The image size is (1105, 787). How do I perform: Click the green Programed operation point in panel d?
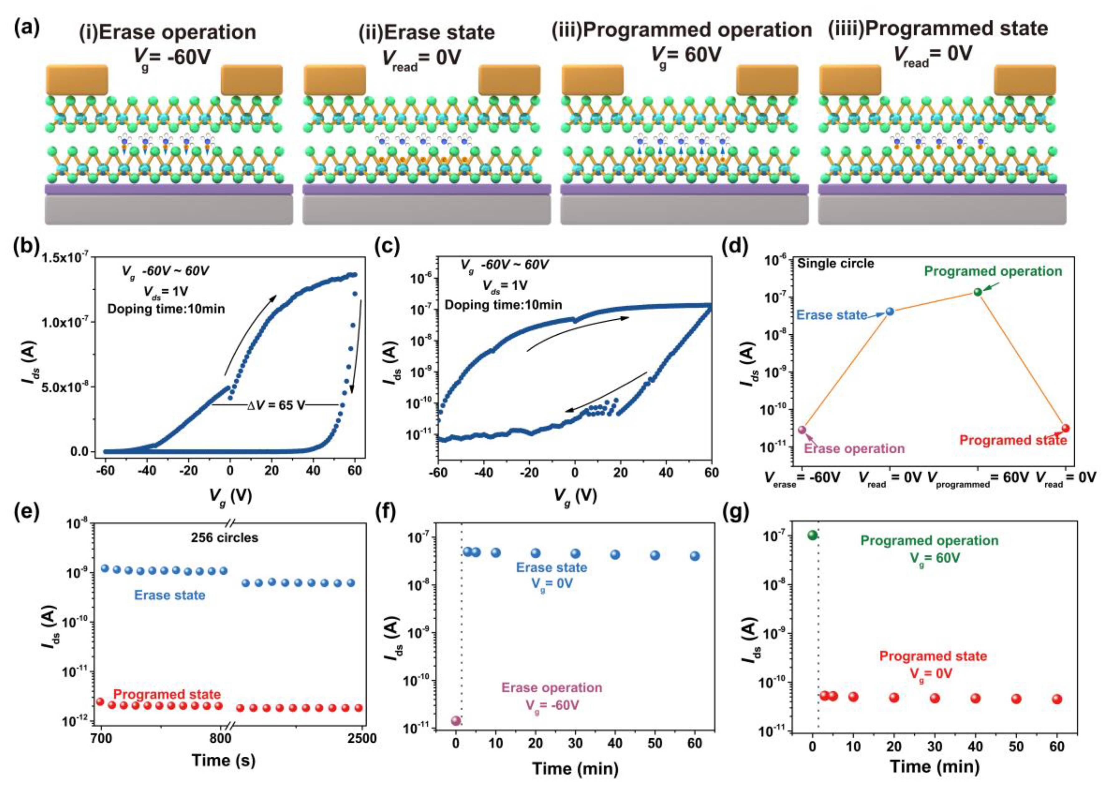click(978, 292)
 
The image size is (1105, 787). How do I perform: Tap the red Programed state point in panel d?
click(1065, 428)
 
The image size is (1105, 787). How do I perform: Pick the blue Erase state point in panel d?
click(890, 312)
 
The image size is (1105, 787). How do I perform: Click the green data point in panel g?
click(812, 535)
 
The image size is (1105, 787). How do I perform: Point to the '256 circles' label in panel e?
click(224, 538)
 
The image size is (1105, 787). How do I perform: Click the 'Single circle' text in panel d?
click(836, 263)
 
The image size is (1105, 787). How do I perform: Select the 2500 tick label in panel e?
click(362, 739)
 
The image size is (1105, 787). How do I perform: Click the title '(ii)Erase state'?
click(426, 32)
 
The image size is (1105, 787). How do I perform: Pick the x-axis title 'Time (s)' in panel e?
click(223, 760)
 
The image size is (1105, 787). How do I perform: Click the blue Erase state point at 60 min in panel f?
click(695, 556)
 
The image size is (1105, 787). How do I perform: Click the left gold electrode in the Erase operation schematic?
click(77, 80)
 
